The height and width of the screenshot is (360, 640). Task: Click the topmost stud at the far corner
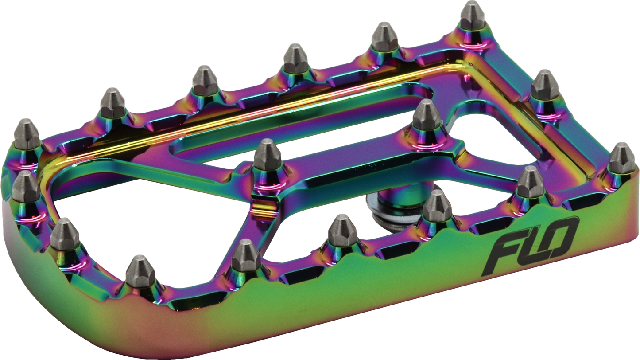[472, 16]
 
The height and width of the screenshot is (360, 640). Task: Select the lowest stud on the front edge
[140, 272]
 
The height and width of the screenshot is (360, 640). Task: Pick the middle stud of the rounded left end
[25, 188]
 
